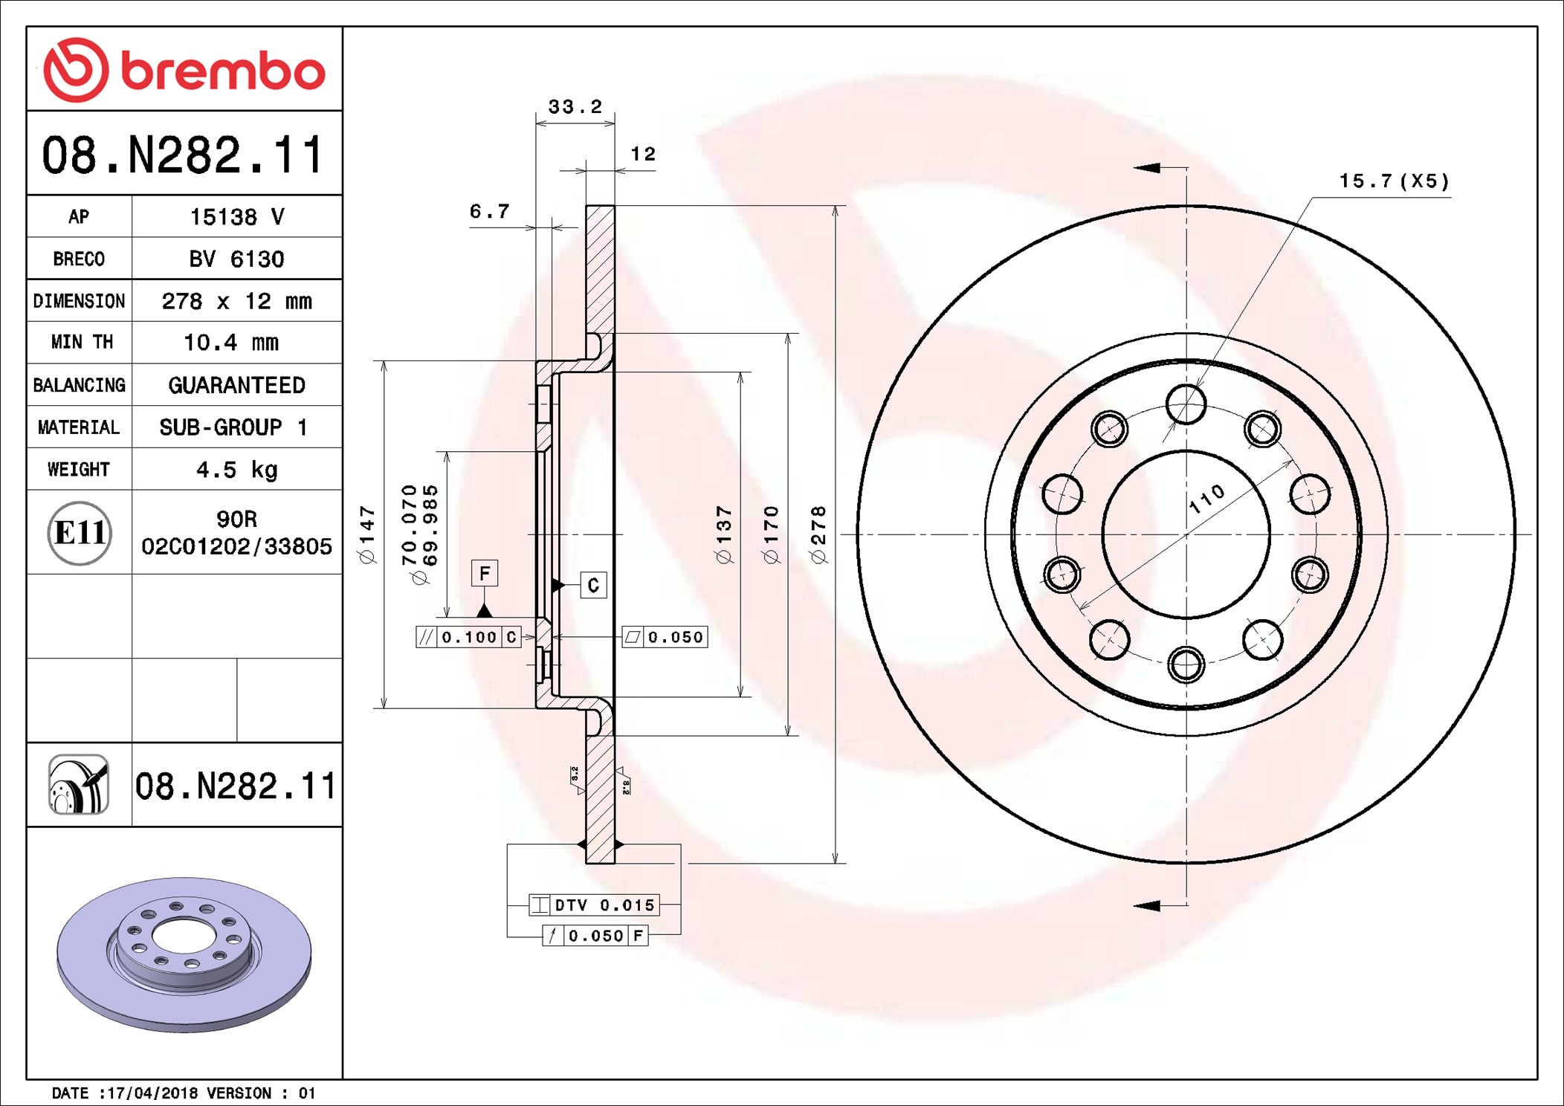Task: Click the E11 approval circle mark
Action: pos(80,533)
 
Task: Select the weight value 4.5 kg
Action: pos(236,470)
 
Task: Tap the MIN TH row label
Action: pos(80,342)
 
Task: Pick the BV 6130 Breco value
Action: pos(236,259)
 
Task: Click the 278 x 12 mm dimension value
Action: pos(236,301)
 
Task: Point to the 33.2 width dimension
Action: pos(575,106)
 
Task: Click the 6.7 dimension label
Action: pos(489,211)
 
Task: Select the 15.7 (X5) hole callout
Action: pos(1394,181)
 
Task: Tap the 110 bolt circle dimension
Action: pos(1206,498)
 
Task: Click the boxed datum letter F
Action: pos(485,573)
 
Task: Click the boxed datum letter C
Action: pos(593,585)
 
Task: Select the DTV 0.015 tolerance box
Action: pos(594,905)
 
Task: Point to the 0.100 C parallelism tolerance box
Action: pos(468,637)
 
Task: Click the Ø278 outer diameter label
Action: pos(818,534)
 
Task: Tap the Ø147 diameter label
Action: pos(367,534)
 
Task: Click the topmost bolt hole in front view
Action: pos(1186,404)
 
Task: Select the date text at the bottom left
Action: pos(183,1093)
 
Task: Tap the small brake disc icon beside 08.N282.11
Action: pos(79,784)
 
